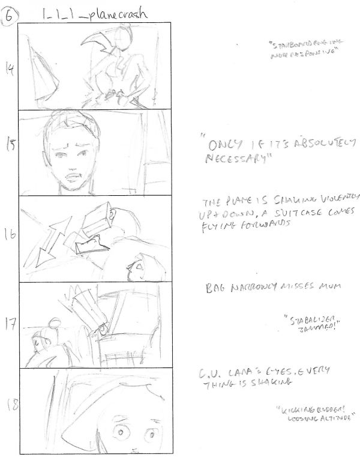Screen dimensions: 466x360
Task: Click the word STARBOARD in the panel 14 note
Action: click(287, 46)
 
